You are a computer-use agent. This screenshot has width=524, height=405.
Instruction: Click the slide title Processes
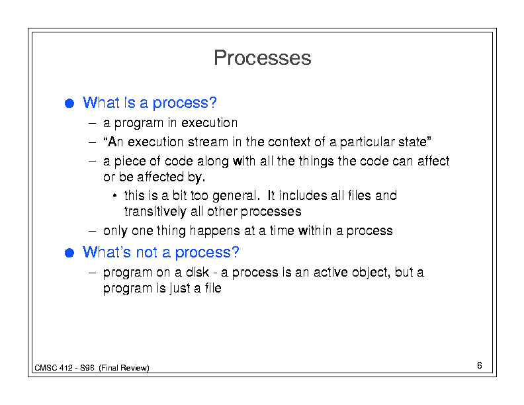click(263, 58)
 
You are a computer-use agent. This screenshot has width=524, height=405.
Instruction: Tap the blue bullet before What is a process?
click(69, 103)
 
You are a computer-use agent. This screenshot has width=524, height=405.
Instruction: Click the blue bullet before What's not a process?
click(69, 253)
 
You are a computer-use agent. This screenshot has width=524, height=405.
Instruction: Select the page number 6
click(480, 365)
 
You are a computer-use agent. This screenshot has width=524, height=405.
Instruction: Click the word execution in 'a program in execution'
click(210, 122)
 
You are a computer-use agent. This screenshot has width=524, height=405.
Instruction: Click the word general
click(236, 196)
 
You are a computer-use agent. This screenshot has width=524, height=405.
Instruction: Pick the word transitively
click(155, 212)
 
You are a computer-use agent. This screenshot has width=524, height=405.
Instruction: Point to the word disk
click(198, 273)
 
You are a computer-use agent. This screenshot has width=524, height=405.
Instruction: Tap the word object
click(371, 273)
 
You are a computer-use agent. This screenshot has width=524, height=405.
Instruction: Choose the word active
click(331, 273)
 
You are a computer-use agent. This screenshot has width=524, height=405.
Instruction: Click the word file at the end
click(213, 288)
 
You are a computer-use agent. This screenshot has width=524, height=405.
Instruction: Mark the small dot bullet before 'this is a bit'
click(114, 196)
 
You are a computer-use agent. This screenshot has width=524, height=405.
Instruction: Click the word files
click(359, 195)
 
